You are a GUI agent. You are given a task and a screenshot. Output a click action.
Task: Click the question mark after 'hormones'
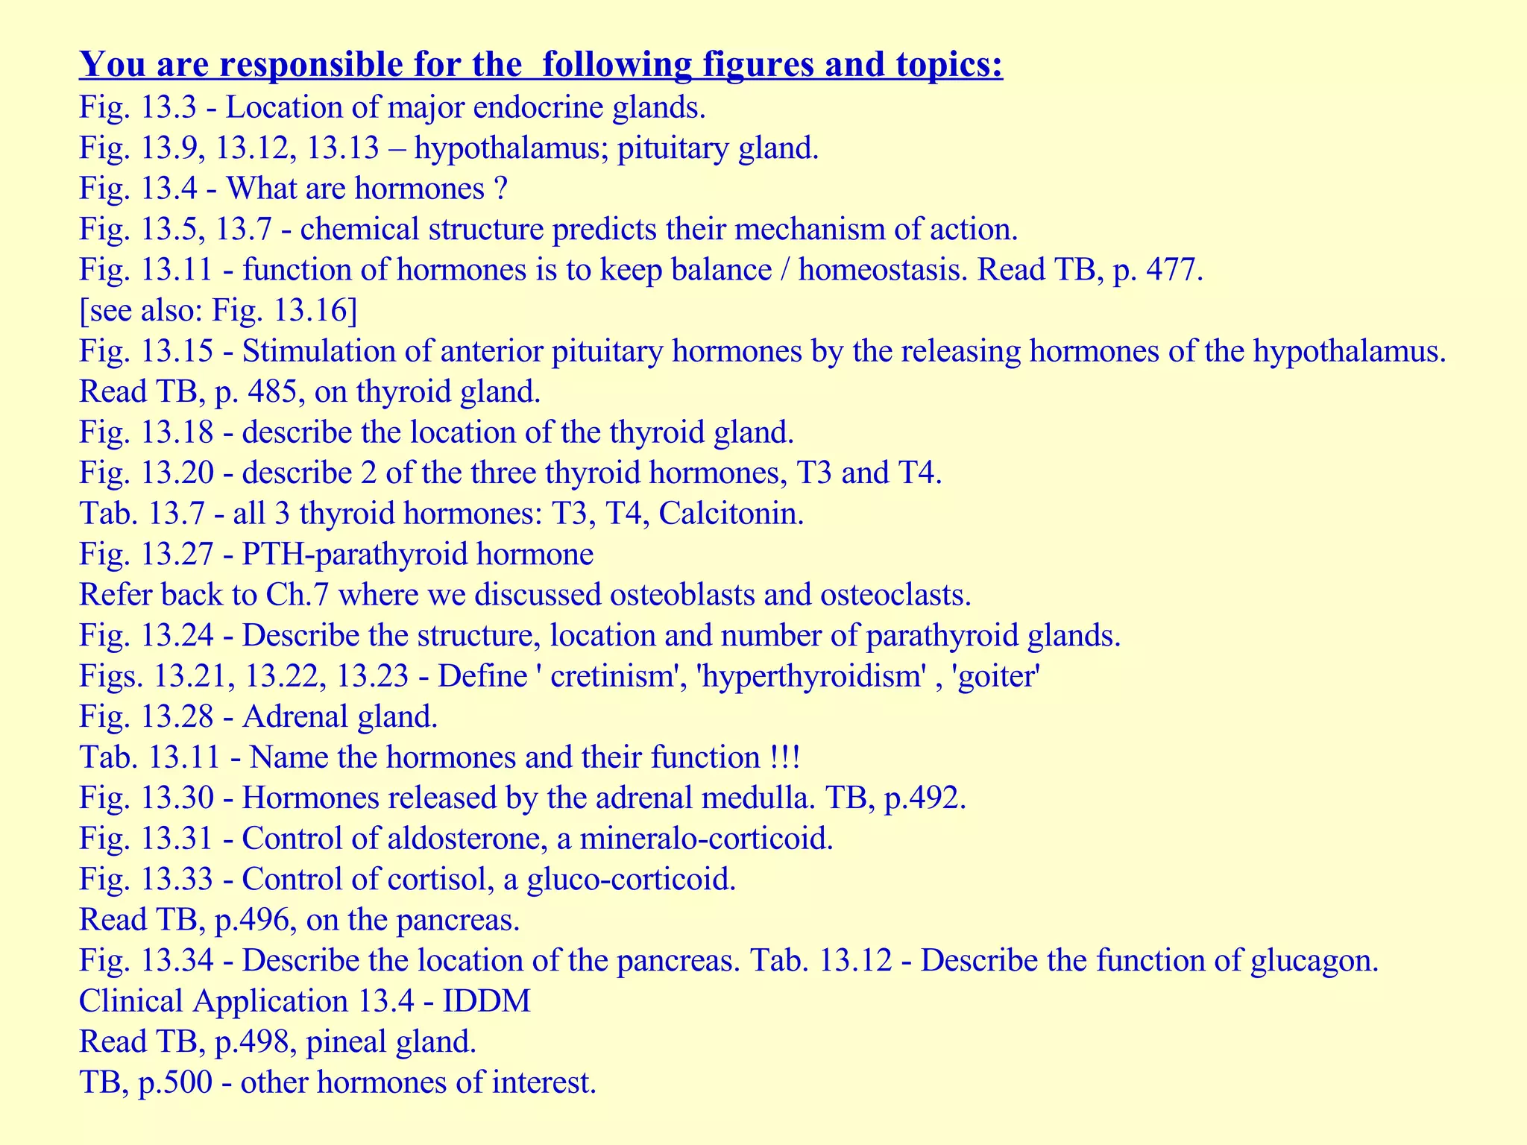500,189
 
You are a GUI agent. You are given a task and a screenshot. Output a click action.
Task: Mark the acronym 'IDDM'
486,1000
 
